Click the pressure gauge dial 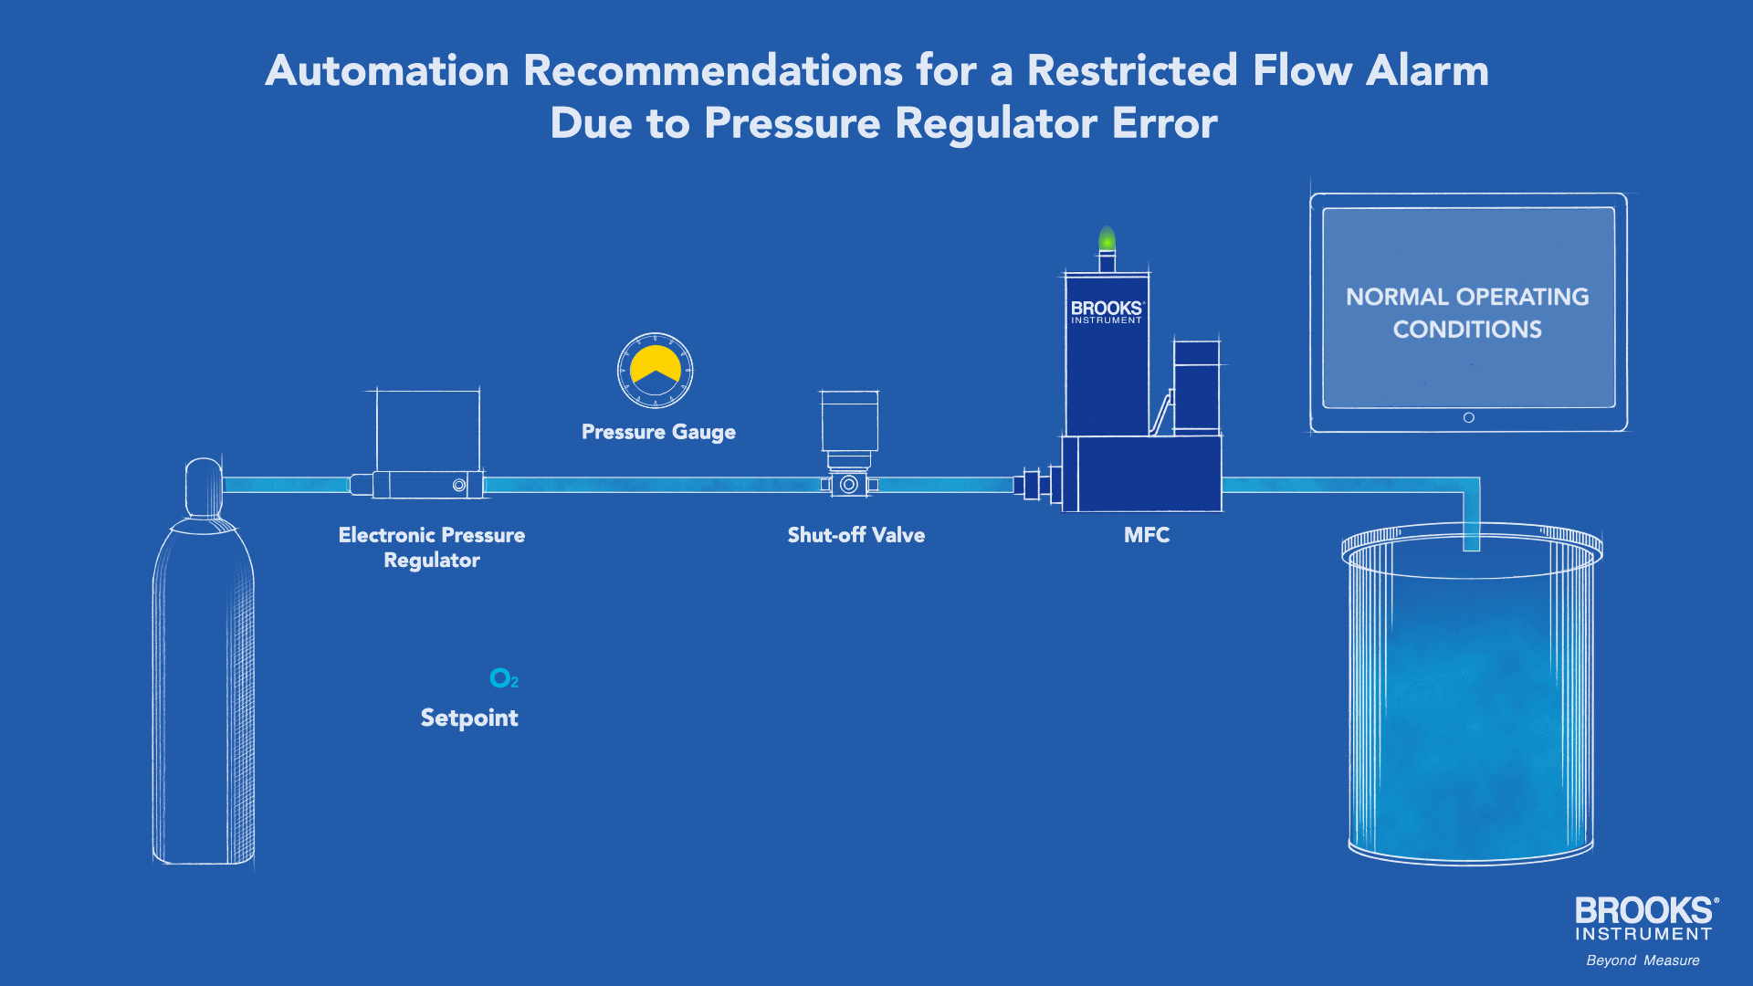655,371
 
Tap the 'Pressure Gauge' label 658,432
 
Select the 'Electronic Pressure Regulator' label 432,547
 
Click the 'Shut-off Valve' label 856,535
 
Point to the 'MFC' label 1147,535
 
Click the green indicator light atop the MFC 1107,239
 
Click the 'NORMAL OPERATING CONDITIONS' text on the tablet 1467,312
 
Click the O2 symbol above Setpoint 503,678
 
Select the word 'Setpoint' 469,719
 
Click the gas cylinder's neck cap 204,487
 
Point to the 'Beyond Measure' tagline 1643,960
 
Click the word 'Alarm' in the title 1427,70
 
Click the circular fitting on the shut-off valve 849,485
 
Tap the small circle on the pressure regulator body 459,485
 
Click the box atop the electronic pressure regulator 428,430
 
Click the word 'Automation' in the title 387,70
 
